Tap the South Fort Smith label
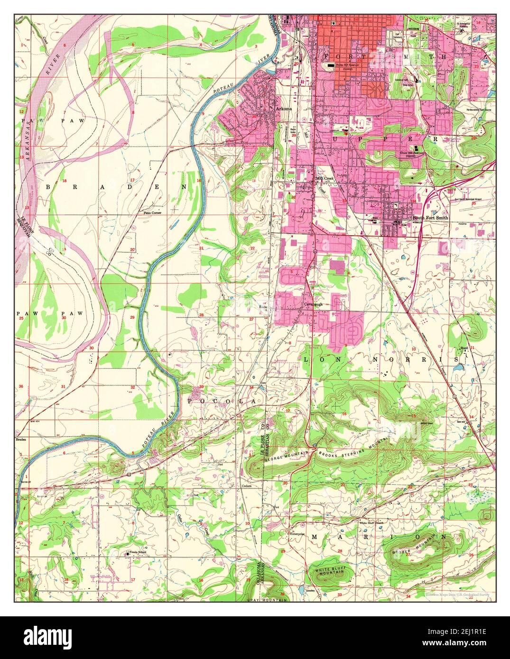click(430, 218)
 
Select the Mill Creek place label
click(324, 179)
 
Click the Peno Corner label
click(153, 213)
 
